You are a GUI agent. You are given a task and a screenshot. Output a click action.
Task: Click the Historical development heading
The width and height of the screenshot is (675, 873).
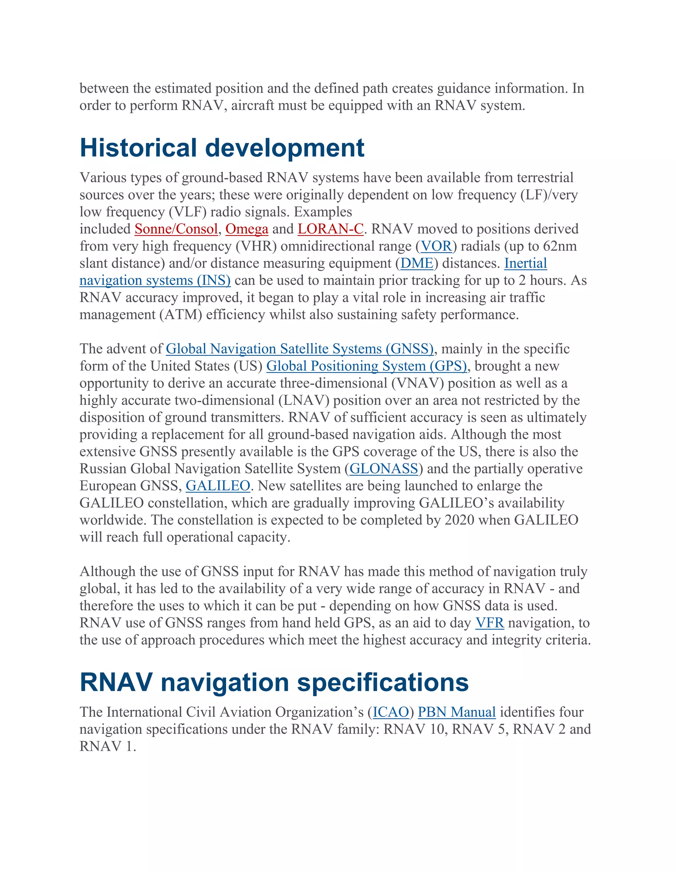(x=222, y=148)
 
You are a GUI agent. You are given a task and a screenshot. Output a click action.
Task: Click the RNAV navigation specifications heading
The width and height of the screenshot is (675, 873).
(x=274, y=682)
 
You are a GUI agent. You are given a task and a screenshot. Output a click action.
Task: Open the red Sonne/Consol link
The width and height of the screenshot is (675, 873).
(x=176, y=229)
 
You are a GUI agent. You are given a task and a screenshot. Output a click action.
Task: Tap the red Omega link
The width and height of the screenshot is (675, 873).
(x=247, y=229)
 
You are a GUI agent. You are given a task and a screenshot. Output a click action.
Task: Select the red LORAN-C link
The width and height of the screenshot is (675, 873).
(x=331, y=229)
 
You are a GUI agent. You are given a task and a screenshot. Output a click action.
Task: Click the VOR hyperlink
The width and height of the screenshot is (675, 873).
(x=436, y=246)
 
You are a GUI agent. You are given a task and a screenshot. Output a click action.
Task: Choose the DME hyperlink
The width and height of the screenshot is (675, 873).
(x=417, y=264)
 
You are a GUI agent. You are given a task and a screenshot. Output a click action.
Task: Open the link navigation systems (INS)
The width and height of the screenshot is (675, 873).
(x=155, y=281)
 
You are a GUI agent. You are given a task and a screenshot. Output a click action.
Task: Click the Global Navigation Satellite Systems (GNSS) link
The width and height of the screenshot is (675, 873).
(x=300, y=349)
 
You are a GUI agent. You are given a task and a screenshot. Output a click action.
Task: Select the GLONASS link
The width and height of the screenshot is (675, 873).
(x=384, y=469)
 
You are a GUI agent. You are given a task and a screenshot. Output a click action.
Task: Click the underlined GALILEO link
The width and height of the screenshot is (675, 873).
(x=218, y=486)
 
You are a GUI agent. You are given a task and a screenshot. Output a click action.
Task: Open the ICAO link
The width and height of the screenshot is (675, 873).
(x=391, y=712)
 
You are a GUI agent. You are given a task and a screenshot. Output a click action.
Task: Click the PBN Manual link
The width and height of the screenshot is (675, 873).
(x=457, y=712)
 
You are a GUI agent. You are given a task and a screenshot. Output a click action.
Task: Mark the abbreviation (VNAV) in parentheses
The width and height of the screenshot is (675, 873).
(x=418, y=383)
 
